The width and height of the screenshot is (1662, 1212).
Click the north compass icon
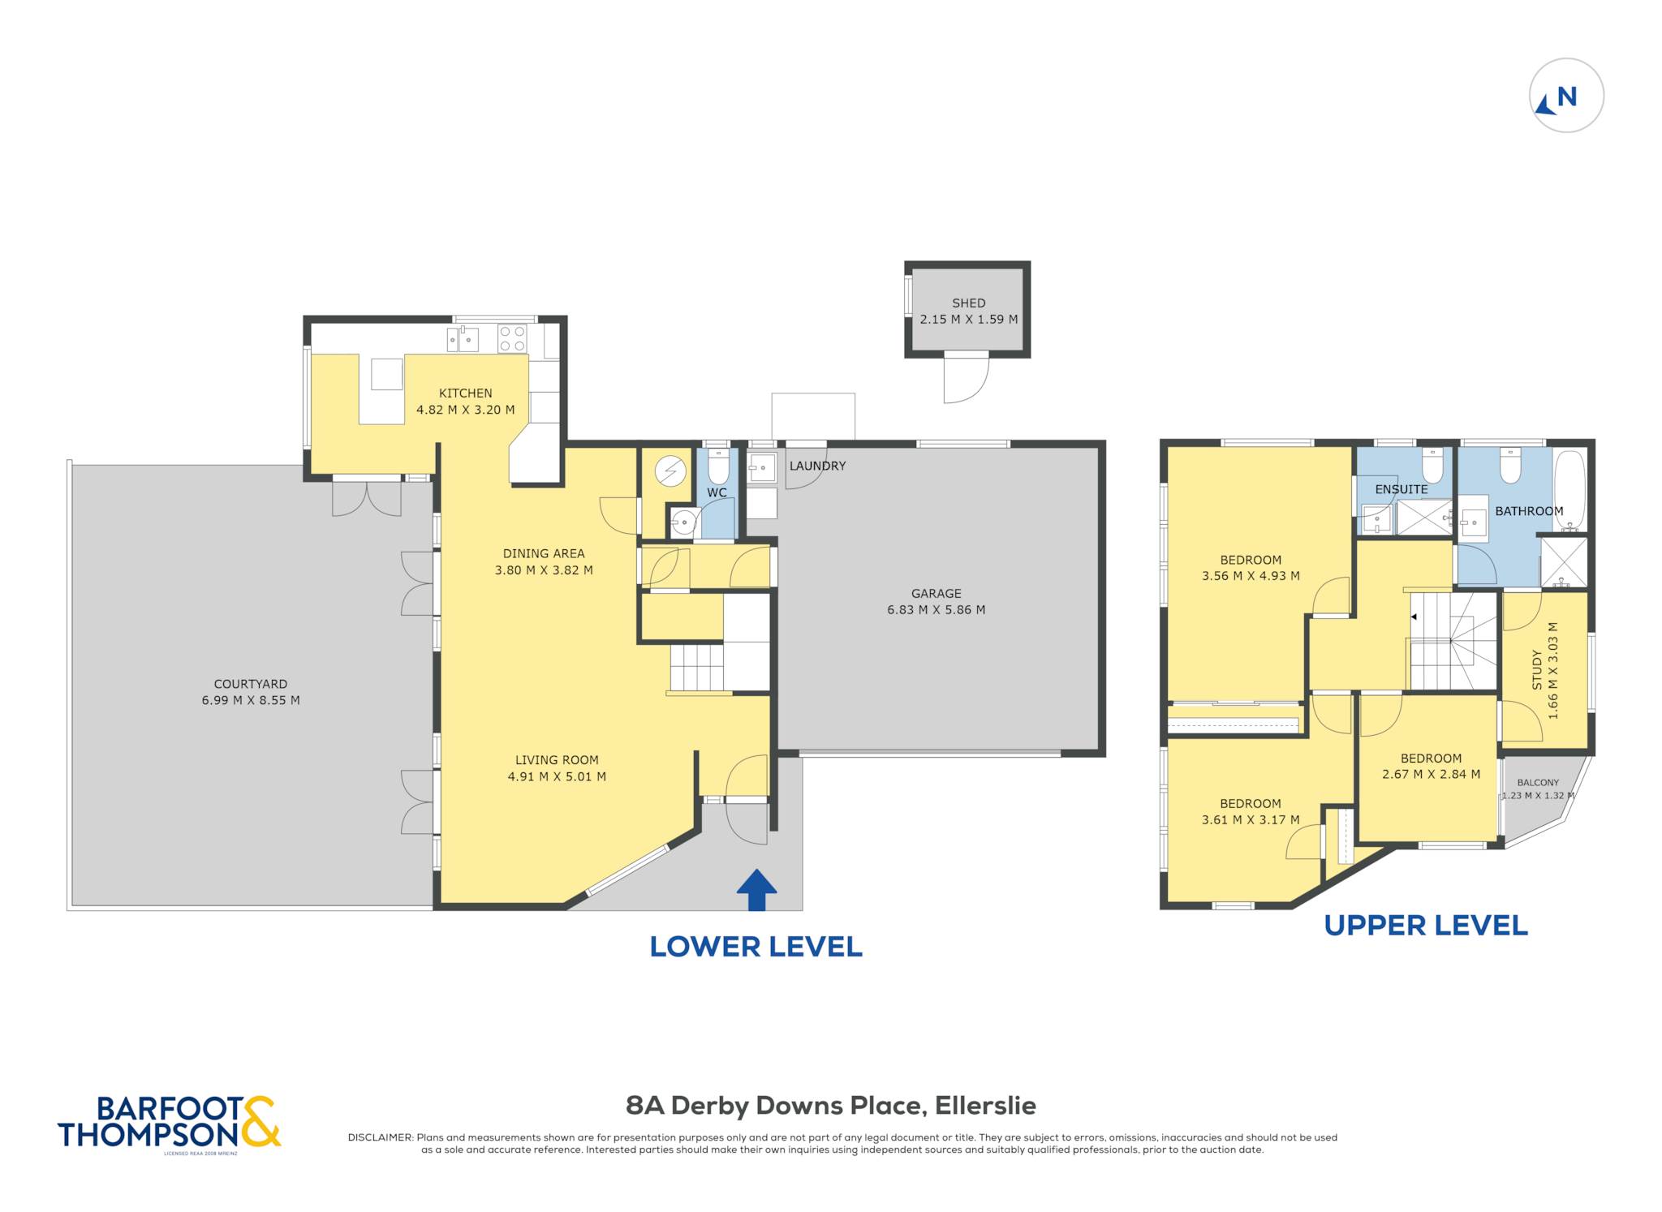tap(1566, 96)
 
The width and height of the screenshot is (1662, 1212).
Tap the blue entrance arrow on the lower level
tap(756, 890)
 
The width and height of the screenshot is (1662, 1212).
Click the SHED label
tap(968, 303)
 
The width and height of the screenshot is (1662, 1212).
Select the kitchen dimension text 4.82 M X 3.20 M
tap(465, 410)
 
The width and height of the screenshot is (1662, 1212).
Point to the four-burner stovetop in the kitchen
tap(512, 338)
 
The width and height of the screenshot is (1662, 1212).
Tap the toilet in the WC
tap(718, 466)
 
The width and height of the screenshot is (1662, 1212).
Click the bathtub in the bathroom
tap(1569, 490)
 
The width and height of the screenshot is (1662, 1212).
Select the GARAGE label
tap(936, 593)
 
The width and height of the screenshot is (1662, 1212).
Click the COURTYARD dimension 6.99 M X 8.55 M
tap(251, 700)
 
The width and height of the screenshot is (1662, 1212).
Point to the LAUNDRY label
tap(817, 466)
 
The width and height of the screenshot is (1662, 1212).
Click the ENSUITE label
tap(1401, 489)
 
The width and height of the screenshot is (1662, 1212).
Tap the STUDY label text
tap(1536, 669)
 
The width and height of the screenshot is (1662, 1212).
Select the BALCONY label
tap(1538, 783)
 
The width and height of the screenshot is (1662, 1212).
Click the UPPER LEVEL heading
tap(1426, 926)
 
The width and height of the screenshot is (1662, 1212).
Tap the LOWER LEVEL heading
tap(756, 947)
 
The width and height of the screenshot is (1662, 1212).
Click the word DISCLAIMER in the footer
tap(380, 1137)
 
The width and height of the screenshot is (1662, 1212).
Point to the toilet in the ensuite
tap(1432, 466)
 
